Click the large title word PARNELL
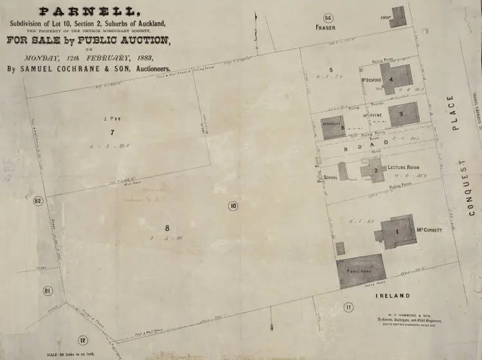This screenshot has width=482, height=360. coord(89,12)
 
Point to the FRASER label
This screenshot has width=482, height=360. coord(326,28)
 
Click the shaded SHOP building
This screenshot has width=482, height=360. coord(398,17)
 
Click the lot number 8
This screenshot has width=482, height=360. coord(167,228)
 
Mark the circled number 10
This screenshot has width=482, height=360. coord(233,206)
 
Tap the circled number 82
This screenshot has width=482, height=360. coord(38,201)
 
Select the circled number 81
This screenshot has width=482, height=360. coord(48,291)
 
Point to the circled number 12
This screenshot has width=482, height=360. coord(82,341)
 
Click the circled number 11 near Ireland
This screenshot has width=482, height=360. coord(348,308)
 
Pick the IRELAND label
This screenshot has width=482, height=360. coord(394,295)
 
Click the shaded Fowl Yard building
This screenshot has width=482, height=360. coord(361,270)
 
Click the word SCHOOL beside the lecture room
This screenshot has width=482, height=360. coord(331,177)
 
